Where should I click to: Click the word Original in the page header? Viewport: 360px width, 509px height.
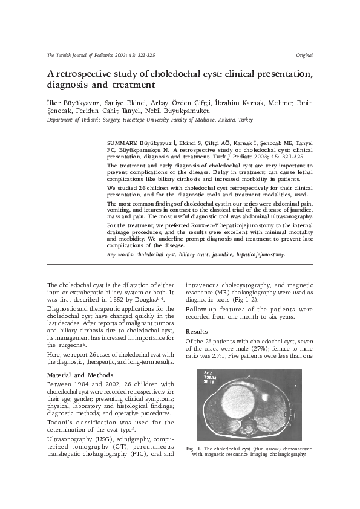303,55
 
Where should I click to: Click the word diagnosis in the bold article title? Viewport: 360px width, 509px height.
70,85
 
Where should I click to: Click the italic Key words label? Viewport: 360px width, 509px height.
120,254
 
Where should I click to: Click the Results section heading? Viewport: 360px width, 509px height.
196,332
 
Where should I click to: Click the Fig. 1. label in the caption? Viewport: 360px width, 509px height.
194,449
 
